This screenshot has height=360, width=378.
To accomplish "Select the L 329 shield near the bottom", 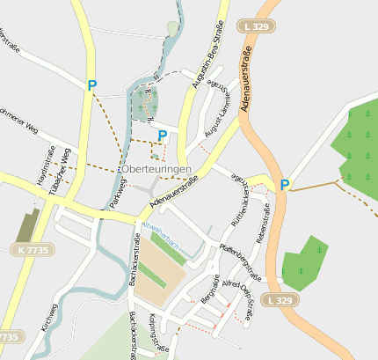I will click(x=280, y=300).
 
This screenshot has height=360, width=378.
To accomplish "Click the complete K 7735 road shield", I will click(x=33, y=251).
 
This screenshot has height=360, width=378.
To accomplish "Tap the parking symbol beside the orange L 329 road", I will click(x=284, y=185).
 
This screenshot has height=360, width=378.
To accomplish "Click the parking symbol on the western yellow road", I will click(x=91, y=85).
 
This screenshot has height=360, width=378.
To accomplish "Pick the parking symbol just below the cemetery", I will click(x=162, y=135).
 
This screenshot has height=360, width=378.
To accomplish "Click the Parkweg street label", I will click(x=119, y=193).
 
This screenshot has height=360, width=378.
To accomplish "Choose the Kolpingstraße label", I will click(x=159, y=334).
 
